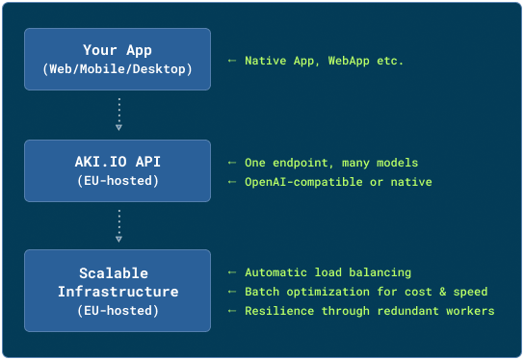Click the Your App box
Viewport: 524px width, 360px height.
(x=117, y=60)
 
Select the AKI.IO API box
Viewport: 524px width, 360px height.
(x=117, y=171)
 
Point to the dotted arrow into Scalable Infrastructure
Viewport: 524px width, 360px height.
(x=118, y=226)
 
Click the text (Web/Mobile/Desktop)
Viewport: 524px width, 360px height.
(x=117, y=69)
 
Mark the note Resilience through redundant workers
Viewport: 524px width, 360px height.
(x=367, y=310)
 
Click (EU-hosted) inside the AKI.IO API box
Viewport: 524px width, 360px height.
(x=117, y=181)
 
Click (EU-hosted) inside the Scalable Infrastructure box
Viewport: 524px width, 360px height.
(x=117, y=310)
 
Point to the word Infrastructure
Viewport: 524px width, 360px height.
(x=117, y=292)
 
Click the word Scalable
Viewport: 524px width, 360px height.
(x=117, y=273)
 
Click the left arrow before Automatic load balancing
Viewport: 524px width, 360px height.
(x=231, y=272)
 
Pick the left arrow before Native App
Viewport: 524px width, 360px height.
(x=231, y=61)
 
